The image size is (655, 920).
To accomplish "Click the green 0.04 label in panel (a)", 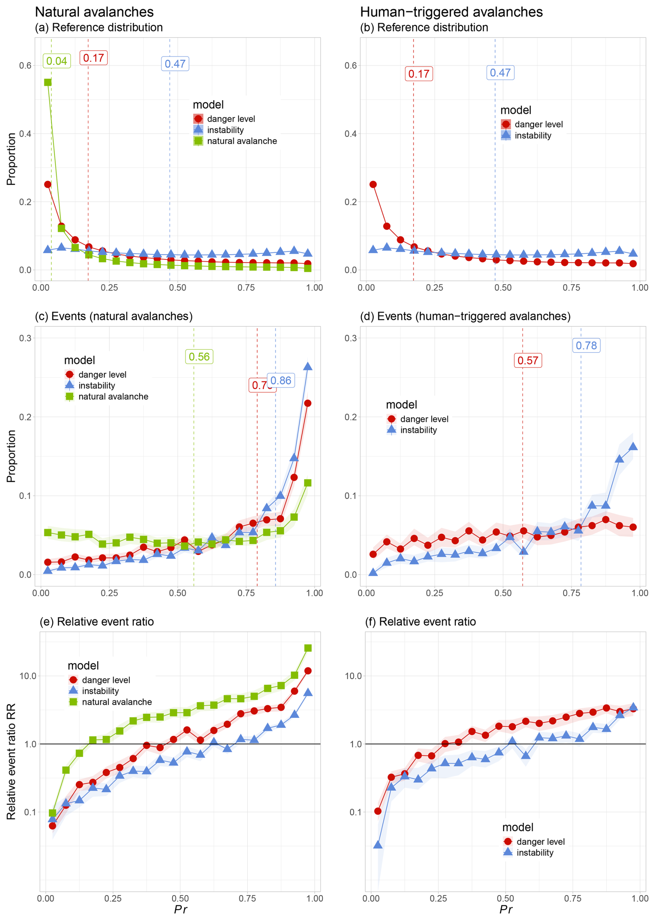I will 57,61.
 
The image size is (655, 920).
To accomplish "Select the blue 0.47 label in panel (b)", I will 500,73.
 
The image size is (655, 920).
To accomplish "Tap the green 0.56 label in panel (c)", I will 199,357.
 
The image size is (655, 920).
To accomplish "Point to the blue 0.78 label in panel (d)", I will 586,346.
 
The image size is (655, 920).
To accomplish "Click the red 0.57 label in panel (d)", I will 528,360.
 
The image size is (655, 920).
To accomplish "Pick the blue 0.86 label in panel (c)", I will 281,380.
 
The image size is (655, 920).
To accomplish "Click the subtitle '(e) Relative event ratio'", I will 97,622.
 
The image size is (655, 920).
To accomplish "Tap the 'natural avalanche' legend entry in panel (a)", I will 242,141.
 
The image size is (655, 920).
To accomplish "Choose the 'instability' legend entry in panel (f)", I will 535,853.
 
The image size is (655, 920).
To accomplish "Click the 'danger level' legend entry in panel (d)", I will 424,419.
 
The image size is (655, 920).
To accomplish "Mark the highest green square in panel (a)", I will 47,82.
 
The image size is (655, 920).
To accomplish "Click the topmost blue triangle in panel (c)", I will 308,366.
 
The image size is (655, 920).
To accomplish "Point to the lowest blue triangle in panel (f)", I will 377,845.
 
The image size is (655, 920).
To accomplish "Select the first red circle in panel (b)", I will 373,185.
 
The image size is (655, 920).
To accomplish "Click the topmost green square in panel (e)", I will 308,648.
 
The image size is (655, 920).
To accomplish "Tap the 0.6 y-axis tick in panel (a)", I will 25,66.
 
